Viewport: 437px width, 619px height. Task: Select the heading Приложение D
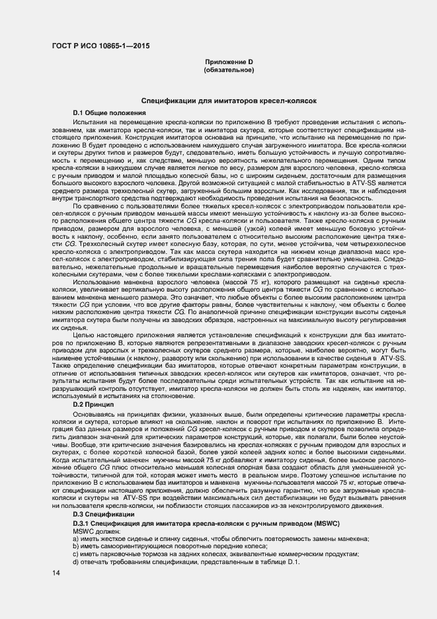229,62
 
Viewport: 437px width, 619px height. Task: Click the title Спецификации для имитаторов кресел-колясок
229,101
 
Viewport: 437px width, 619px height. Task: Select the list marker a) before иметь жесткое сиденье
77,540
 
